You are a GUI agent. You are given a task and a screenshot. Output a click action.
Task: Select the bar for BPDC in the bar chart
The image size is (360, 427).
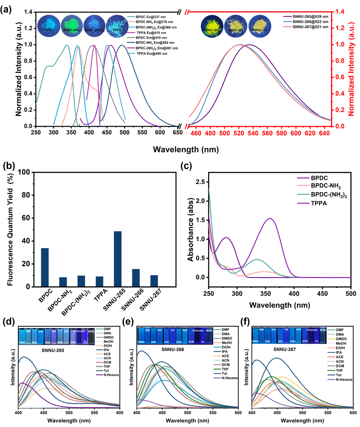pyautogui.click(x=45, y=267)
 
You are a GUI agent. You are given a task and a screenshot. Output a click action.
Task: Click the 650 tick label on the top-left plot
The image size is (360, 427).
pyautogui.click(x=178, y=132)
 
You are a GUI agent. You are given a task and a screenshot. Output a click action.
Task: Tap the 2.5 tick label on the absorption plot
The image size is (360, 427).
pyautogui.click(x=200, y=182)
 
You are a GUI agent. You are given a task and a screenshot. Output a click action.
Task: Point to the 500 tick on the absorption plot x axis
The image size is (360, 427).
pyautogui.click(x=350, y=294)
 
